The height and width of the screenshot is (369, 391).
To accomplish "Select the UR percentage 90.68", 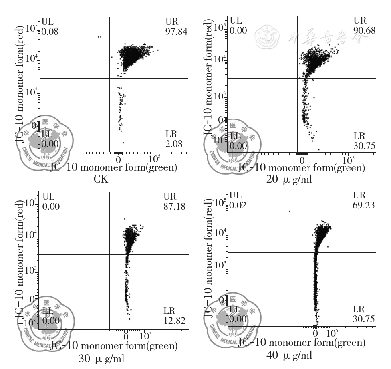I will [364, 30].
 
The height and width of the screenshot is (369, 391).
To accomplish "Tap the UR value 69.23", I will [364, 206].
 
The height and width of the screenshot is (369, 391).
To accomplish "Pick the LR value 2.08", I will [173, 144].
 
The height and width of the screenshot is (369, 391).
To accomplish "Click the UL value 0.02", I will [238, 206].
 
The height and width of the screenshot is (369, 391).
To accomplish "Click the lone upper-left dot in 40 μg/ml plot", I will [290, 211].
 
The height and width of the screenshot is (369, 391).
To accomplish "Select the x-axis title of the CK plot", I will [113, 168].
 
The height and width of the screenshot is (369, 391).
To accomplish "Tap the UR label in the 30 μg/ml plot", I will [170, 197].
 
